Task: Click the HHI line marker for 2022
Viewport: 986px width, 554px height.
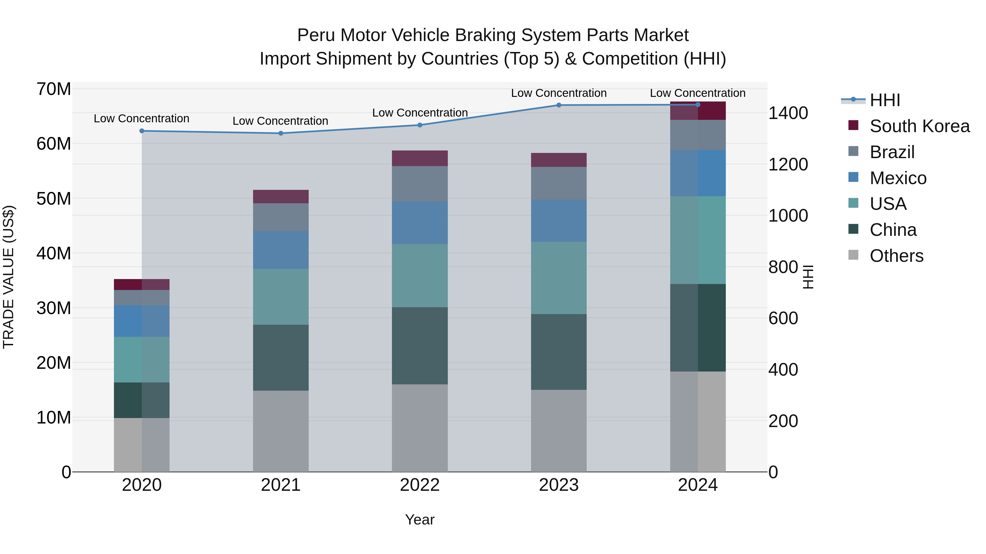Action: [x=420, y=125]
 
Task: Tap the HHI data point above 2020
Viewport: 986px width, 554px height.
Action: [x=142, y=131]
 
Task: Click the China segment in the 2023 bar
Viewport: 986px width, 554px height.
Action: [x=558, y=352]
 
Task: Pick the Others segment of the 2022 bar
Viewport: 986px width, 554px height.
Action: [x=420, y=428]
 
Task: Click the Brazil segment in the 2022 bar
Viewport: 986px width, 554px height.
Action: [x=420, y=184]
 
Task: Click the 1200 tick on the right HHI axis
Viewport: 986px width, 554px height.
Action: [x=788, y=164]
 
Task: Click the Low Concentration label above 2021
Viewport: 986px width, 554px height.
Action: [x=280, y=121]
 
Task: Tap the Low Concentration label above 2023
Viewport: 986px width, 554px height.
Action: [x=558, y=93]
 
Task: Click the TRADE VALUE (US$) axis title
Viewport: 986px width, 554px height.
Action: [x=8, y=277]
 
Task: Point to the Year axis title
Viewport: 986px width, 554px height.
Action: [x=420, y=520]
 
